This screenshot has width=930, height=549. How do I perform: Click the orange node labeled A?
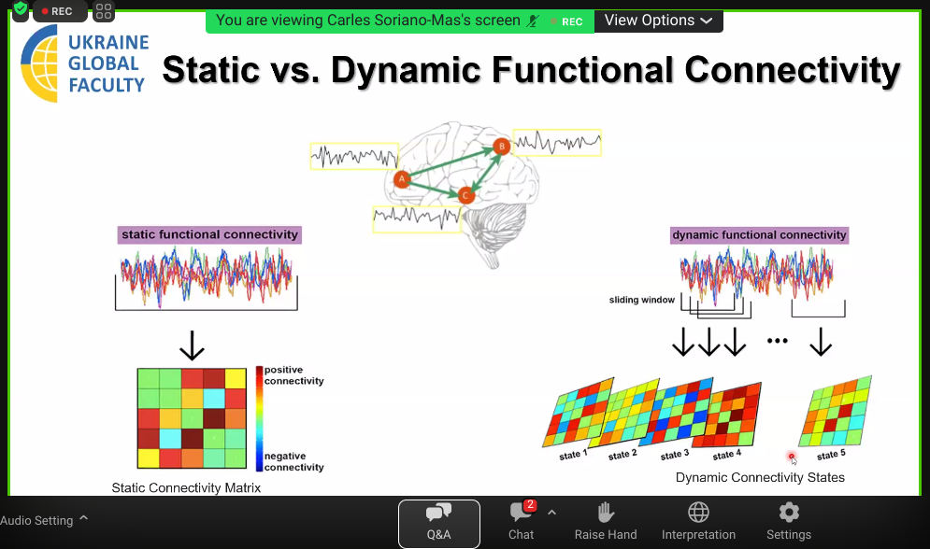[x=402, y=179]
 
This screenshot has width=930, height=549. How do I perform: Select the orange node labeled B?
[x=502, y=146]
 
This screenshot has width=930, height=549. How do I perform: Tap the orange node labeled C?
[x=465, y=195]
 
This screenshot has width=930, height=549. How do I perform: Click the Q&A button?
[x=439, y=524]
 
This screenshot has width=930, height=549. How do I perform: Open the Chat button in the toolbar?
[x=522, y=521]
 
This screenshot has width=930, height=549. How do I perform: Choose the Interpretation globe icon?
[x=699, y=512]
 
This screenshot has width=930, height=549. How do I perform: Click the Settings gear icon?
[x=789, y=512]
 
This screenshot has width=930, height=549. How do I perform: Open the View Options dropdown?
[x=658, y=21]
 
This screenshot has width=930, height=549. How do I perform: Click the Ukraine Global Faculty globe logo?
[x=39, y=63]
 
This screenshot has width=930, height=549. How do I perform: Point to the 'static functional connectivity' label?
[x=209, y=234]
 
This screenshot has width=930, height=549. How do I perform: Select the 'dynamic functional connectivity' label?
[x=759, y=235]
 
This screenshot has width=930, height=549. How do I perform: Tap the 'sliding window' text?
[x=642, y=300]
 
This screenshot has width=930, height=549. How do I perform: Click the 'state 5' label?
[x=831, y=455]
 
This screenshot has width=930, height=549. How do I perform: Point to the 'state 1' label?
[x=573, y=455]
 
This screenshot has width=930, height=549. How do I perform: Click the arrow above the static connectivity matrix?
[x=192, y=345]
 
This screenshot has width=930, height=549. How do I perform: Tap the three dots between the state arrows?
[x=777, y=341]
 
